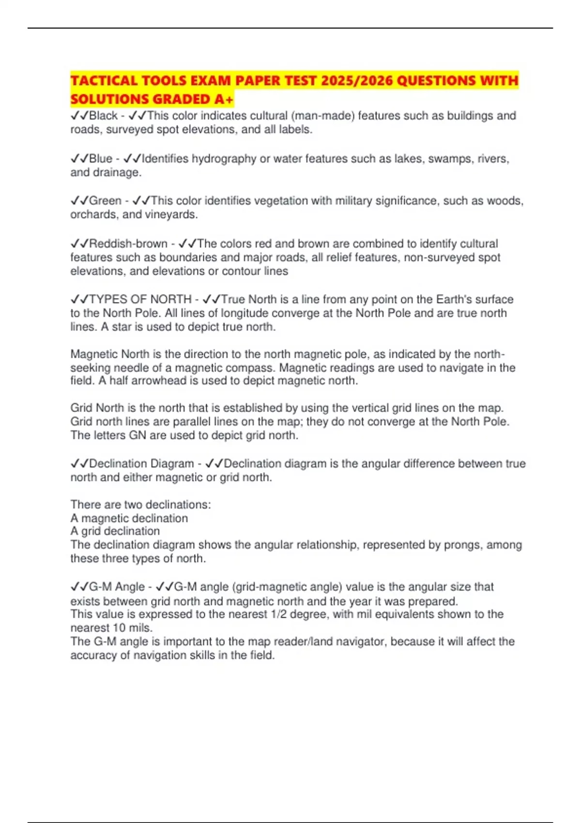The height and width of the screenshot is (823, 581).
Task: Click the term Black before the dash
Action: click(x=103, y=116)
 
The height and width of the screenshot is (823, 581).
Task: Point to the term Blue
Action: click(x=101, y=159)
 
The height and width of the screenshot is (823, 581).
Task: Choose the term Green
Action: click(x=105, y=201)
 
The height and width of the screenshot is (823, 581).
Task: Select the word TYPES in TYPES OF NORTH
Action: click(x=108, y=300)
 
